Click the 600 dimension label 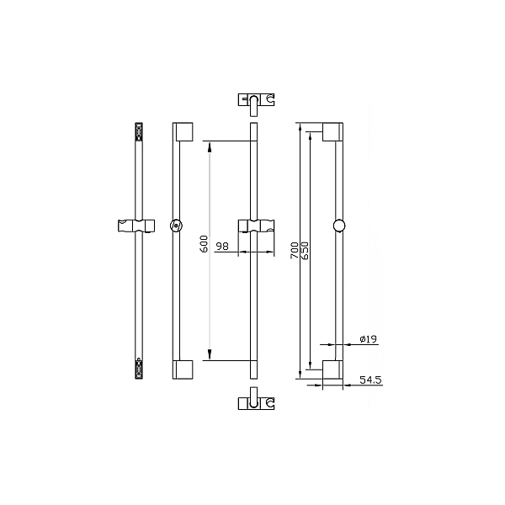pos(204,244)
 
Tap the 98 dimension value pos(222,247)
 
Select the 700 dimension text pos(295,251)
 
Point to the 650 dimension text pos(305,251)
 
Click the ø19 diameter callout pos(368,339)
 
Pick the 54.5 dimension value pos(370,380)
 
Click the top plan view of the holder pos(257,104)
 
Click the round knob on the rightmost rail pos(339,226)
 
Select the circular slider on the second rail pos(176,226)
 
